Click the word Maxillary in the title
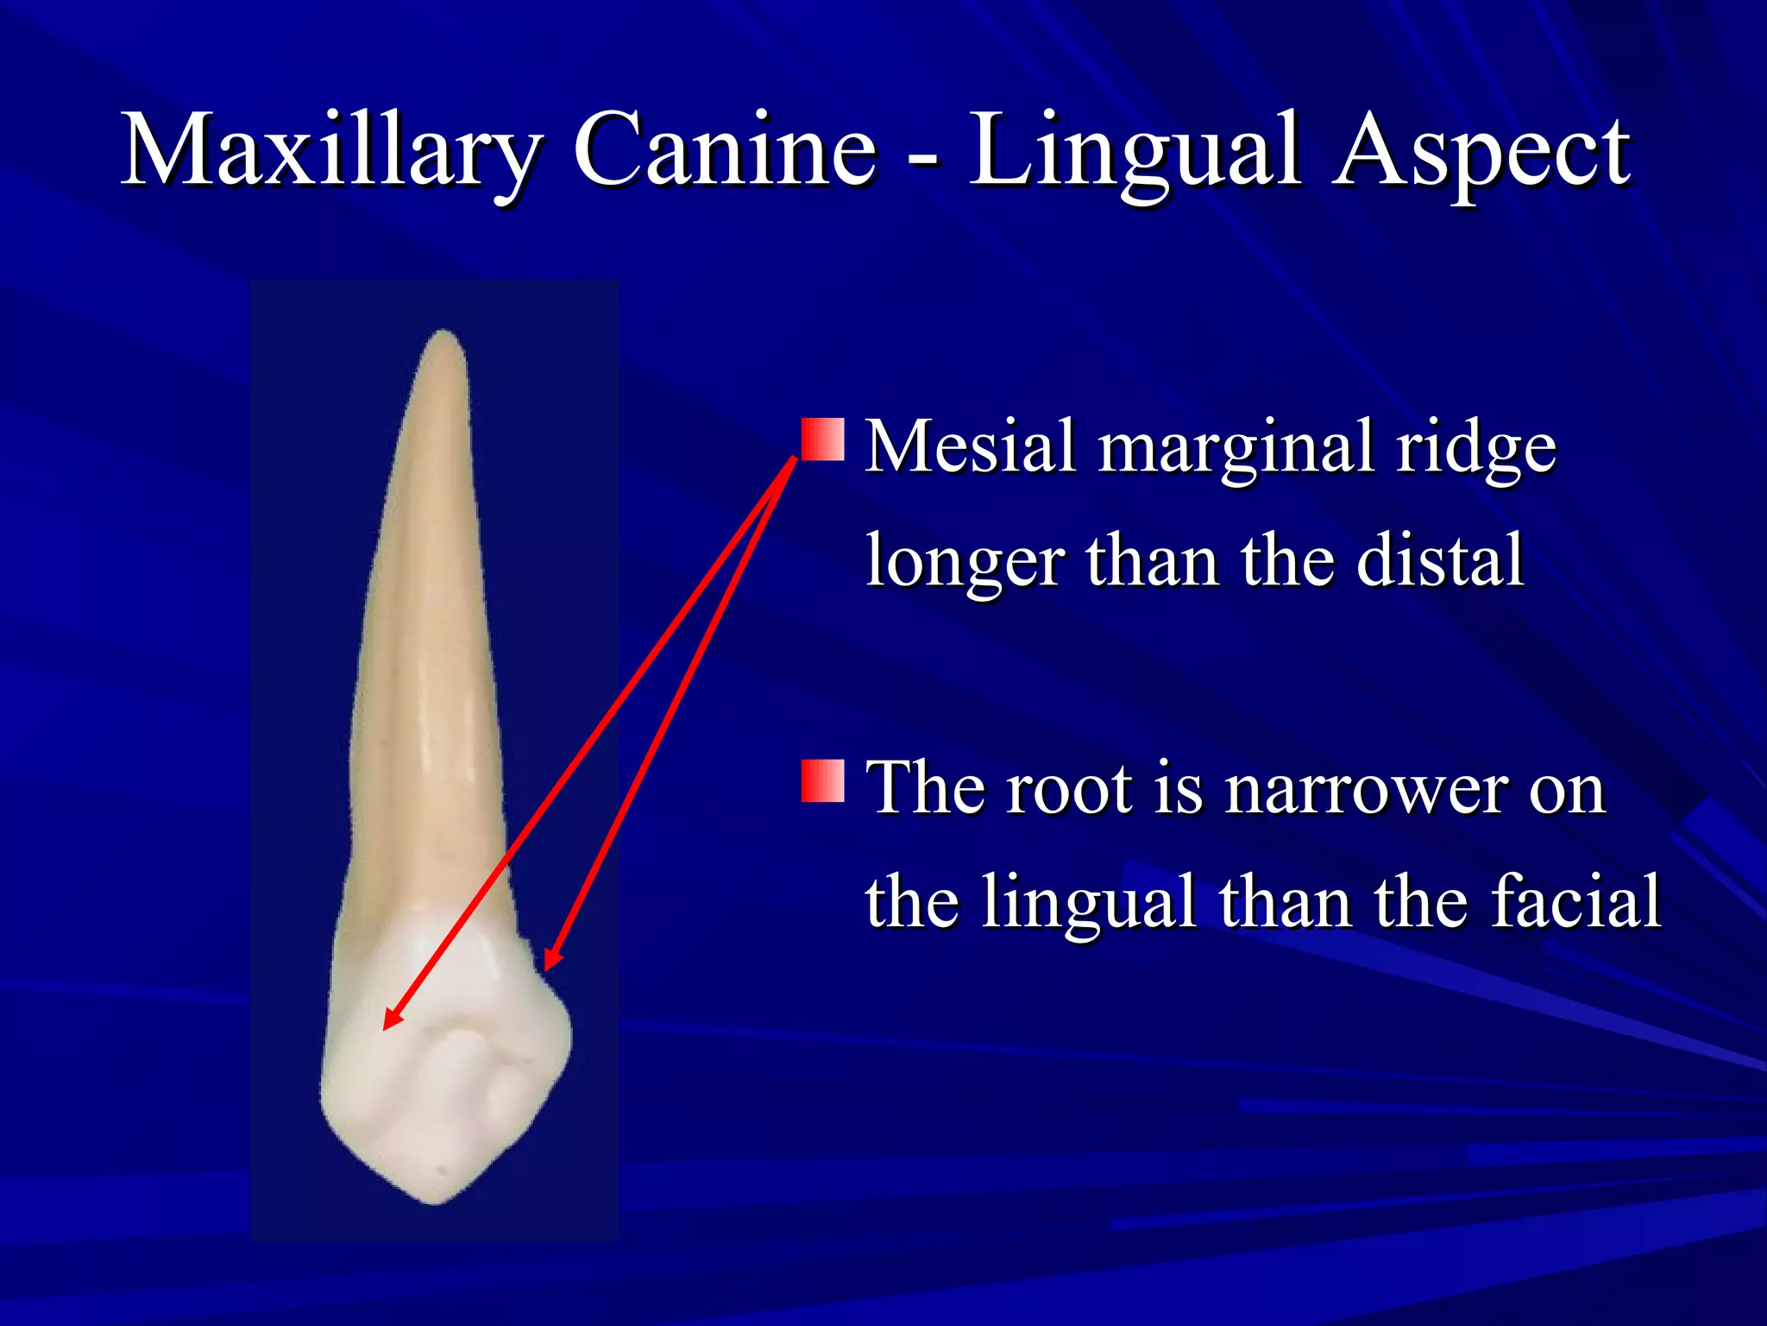point(332,151)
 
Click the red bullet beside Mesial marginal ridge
point(822,439)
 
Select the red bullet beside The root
point(822,780)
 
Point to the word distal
point(1440,561)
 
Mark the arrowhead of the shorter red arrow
point(549,963)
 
